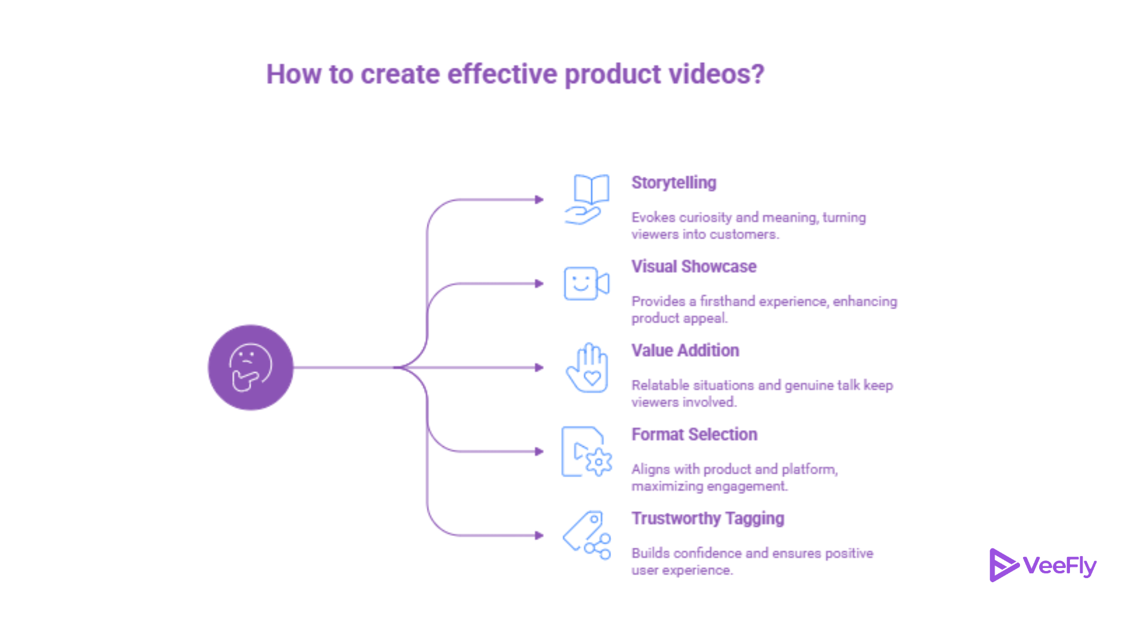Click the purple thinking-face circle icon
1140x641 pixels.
[x=251, y=367]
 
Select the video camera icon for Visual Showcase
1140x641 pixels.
[x=587, y=283]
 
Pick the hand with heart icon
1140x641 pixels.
[x=587, y=367]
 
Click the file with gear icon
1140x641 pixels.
[x=587, y=451]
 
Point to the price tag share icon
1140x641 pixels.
[x=587, y=535]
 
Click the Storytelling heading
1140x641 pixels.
[x=674, y=182]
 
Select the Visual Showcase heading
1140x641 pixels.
[x=694, y=266]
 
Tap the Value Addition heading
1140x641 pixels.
[x=685, y=350]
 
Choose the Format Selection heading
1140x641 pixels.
[x=695, y=434]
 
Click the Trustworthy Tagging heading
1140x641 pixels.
[x=708, y=519]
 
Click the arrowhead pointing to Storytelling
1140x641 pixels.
[x=539, y=199]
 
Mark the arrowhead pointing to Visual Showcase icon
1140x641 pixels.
[x=539, y=284]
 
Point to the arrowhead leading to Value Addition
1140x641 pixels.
[x=539, y=367]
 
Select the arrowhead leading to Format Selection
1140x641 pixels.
[x=539, y=452]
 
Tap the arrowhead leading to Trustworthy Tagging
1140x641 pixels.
[x=539, y=535]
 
